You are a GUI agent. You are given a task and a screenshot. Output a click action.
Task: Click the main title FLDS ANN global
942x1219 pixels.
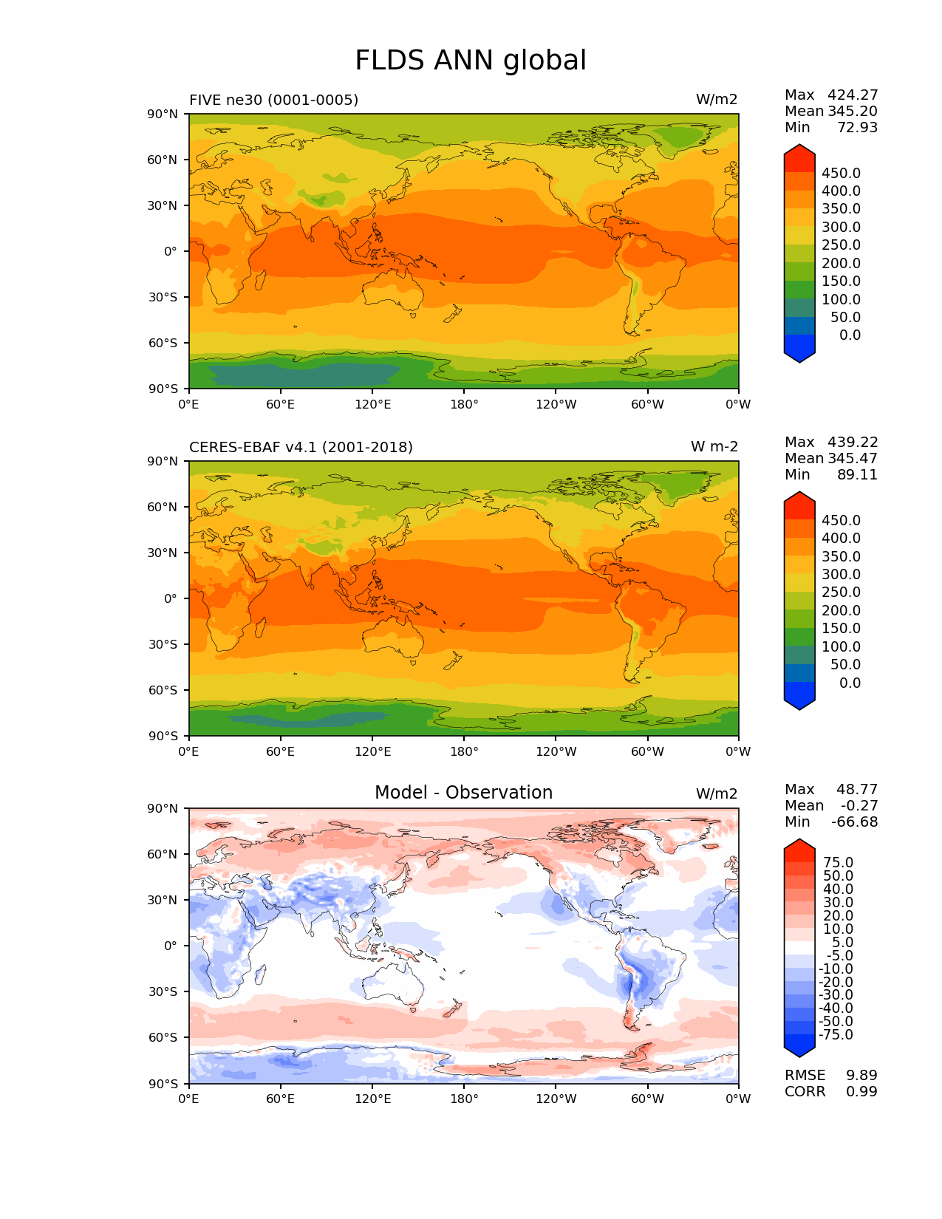(x=471, y=61)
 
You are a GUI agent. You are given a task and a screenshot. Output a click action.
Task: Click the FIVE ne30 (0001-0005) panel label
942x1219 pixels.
(x=273, y=100)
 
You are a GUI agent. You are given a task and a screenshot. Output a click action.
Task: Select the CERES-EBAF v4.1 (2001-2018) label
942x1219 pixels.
(x=301, y=447)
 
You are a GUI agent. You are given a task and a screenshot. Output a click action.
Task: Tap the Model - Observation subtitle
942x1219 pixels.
(x=463, y=793)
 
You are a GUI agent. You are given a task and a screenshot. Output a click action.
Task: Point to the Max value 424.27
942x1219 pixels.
(x=853, y=95)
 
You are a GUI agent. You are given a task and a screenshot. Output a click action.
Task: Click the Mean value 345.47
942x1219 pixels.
(x=853, y=458)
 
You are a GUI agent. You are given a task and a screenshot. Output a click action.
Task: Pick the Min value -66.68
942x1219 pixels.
(x=854, y=822)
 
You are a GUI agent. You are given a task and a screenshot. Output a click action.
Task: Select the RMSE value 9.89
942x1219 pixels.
(x=861, y=1075)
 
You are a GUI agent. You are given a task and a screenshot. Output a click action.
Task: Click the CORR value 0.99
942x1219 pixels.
(x=861, y=1091)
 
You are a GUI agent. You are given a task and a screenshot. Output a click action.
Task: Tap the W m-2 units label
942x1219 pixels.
(x=714, y=447)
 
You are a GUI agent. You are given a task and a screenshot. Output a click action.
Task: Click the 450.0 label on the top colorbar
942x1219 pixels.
(x=841, y=173)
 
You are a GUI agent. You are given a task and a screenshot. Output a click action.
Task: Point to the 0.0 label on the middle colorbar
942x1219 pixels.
(x=850, y=683)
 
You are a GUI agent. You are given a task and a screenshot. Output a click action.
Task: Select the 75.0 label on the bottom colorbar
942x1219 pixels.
(x=838, y=862)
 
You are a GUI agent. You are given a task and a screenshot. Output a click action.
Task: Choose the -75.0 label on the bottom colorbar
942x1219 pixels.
(x=836, y=1034)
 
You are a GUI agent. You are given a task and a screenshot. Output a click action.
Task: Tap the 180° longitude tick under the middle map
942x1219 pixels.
(x=464, y=751)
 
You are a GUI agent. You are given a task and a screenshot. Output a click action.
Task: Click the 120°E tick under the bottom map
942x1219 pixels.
(x=372, y=1099)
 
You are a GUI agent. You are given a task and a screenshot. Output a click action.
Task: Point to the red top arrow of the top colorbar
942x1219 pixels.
(x=799, y=157)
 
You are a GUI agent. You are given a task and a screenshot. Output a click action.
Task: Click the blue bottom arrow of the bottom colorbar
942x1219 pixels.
(x=799, y=1045)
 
